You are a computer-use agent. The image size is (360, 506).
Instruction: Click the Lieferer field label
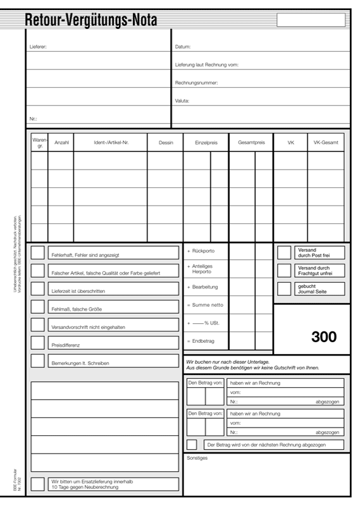click(x=38, y=47)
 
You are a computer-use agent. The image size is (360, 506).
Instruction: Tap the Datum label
click(x=183, y=47)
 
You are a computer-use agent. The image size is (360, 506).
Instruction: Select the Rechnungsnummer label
click(x=197, y=83)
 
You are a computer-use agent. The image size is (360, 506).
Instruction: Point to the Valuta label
click(x=182, y=101)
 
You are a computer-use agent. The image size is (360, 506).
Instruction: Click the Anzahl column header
click(x=61, y=143)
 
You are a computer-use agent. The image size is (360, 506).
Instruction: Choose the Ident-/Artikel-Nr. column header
click(x=111, y=143)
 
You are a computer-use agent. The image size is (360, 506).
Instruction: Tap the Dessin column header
click(x=166, y=143)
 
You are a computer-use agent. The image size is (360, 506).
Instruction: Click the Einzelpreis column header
click(x=206, y=143)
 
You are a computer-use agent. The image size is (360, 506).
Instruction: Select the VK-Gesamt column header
click(x=326, y=143)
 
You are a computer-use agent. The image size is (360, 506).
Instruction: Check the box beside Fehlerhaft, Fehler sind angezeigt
click(x=38, y=253)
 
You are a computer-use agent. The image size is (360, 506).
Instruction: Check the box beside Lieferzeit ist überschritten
click(x=38, y=289)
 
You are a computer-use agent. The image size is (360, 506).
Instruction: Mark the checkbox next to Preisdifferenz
click(x=38, y=343)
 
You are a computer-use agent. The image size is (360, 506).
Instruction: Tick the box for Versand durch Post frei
click(x=284, y=252)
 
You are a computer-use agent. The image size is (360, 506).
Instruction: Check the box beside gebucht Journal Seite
click(x=284, y=289)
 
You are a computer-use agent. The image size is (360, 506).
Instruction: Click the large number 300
click(x=324, y=336)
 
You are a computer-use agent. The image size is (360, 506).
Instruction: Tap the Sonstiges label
click(x=197, y=457)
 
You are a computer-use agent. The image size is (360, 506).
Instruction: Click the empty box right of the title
click(x=311, y=20)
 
